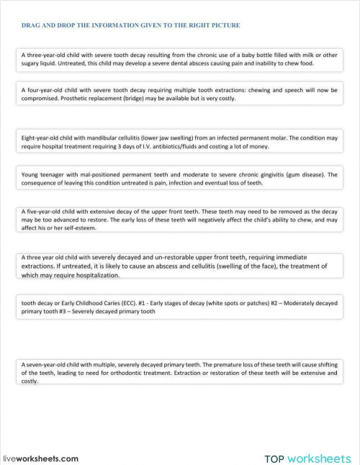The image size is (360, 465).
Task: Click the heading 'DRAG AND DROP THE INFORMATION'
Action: point(130,25)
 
